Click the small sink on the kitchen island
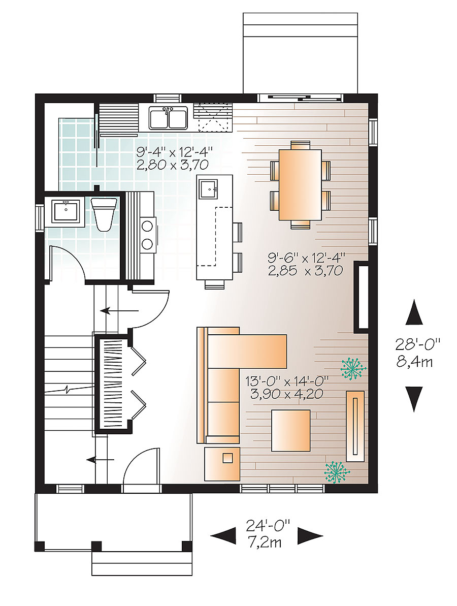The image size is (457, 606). pyautogui.click(x=209, y=189)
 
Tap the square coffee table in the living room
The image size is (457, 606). pyautogui.click(x=290, y=430)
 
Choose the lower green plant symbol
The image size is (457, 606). pyautogui.click(x=337, y=471)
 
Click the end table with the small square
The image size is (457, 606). pyautogui.click(x=222, y=463)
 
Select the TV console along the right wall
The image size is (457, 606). pyautogui.click(x=355, y=426)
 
